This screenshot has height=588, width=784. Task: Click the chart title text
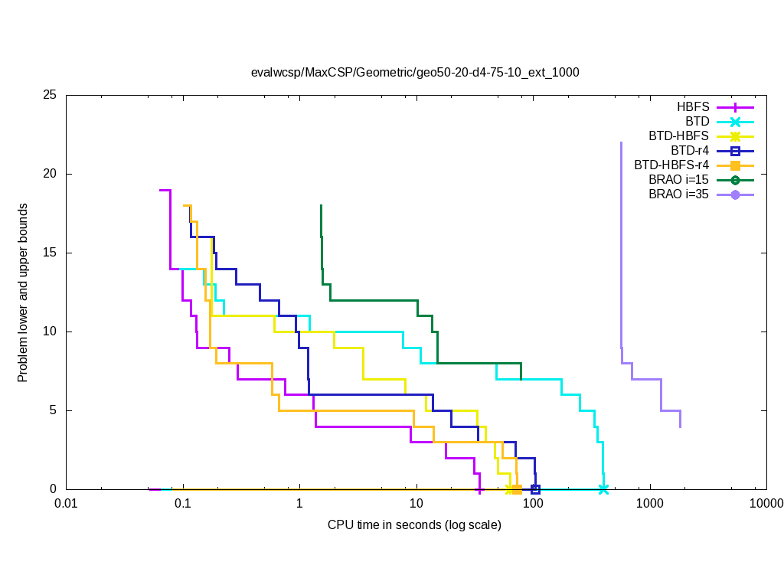pos(415,73)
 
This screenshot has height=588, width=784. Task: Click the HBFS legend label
pos(693,107)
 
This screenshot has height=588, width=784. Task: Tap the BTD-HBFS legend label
pos(678,136)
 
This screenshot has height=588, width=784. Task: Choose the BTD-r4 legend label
pos(689,151)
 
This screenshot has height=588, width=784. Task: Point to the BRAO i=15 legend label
pos(678,180)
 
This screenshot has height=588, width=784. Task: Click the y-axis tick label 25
pos(51,96)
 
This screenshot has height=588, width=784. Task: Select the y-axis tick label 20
pos(51,175)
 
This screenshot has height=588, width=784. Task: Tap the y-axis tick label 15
pos(51,253)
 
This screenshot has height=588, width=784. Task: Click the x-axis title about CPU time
pos(414,525)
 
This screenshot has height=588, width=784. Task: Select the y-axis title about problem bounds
pos(23,292)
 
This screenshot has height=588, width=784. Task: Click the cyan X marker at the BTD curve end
pos(603,489)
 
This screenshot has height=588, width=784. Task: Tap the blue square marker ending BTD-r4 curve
pos(535,489)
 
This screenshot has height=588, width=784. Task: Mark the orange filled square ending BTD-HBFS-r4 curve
pos(517,489)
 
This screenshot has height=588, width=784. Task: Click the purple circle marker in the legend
pos(735,194)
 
